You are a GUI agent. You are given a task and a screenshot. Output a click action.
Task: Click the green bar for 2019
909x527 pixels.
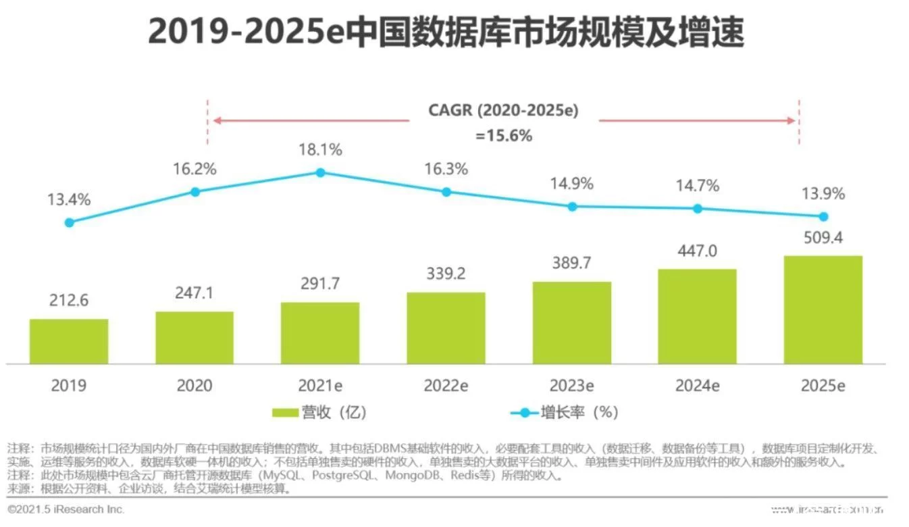pyautogui.click(x=69, y=341)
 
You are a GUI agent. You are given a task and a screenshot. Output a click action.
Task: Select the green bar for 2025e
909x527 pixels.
pyautogui.click(x=823, y=310)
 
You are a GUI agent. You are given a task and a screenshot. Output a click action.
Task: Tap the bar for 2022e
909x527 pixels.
pyautogui.click(x=446, y=328)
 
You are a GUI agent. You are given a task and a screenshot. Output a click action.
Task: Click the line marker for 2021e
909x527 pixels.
pyautogui.click(x=321, y=172)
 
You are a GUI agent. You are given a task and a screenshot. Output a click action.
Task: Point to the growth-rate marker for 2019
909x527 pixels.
pyautogui.click(x=69, y=222)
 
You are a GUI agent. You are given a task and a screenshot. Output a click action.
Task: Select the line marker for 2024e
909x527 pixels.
pyautogui.click(x=698, y=209)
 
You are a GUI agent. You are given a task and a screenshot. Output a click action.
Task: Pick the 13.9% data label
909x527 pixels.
pyautogui.click(x=823, y=195)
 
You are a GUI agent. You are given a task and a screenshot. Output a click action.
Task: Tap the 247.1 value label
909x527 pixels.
pyautogui.click(x=195, y=293)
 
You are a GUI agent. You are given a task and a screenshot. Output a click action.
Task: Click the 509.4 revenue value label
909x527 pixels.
pyautogui.click(x=823, y=238)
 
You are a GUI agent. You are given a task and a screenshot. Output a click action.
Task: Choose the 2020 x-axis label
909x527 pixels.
pyautogui.click(x=195, y=386)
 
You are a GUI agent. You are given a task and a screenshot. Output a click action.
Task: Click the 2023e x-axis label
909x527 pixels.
pyautogui.click(x=572, y=386)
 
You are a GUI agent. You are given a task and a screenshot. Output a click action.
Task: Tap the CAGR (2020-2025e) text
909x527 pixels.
pyautogui.click(x=504, y=111)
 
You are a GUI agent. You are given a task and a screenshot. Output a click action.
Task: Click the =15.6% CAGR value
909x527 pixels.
pyautogui.click(x=504, y=136)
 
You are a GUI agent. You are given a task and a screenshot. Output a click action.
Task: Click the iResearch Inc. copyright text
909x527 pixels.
pyautogui.click(x=66, y=509)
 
